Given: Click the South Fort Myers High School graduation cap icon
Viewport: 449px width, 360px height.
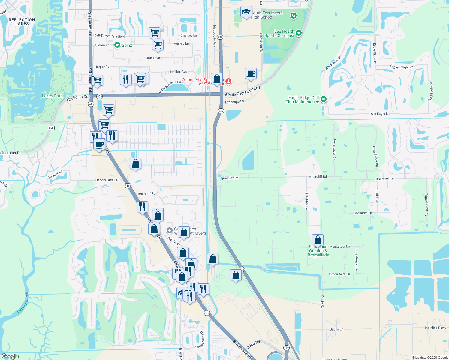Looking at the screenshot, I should pyautogui.click(x=246, y=12).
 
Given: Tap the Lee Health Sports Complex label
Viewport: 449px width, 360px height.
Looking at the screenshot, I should pyautogui.click(x=279, y=33).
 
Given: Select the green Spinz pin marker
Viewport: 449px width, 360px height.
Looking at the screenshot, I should pyautogui.click(x=117, y=45).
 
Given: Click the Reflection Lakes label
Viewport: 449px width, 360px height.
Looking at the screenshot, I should pyautogui.click(x=22, y=22).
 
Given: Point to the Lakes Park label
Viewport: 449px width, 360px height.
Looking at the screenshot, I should pyautogui.click(x=52, y=96).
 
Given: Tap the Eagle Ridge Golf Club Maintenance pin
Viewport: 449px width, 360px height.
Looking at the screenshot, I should pyautogui.click(x=324, y=99).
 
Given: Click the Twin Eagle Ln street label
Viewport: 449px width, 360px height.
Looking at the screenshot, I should pyautogui.click(x=379, y=114).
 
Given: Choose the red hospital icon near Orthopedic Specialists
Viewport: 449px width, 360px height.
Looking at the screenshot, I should pyautogui.click(x=228, y=81).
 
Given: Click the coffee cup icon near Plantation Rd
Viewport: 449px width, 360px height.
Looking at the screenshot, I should pyautogui.click(x=251, y=73).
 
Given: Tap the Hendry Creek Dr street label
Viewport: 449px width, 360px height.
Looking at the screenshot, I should pyautogui.click(x=107, y=180).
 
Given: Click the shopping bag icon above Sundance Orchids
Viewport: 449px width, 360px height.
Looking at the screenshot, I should pyautogui.click(x=318, y=240).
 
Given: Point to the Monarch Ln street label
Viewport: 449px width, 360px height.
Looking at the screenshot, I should pyautogui.click(x=363, y=213).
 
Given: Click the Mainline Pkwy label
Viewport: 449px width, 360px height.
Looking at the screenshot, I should pyautogui.click(x=435, y=328).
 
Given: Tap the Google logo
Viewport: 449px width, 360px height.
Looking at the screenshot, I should pyautogui.click(x=10, y=356).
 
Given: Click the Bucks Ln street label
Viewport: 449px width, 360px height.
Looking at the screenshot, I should pyautogui.click(x=336, y=329).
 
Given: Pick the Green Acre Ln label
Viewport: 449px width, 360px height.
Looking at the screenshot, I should pyautogui.click(x=339, y=274).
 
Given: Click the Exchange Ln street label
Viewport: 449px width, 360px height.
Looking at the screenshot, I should pyautogui.click(x=234, y=102).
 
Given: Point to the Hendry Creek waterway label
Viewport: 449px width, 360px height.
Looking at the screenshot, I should pyautogui.click(x=23, y=303).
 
